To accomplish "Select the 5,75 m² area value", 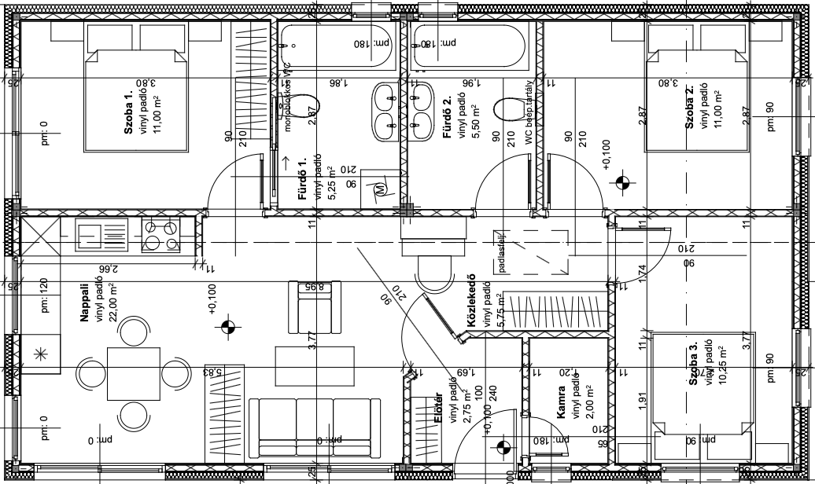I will point(500,312).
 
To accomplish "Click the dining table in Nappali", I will point(134,369).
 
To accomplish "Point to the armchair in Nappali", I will point(315,307).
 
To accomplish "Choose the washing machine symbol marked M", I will point(382,189).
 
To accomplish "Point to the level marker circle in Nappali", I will point(229,326).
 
